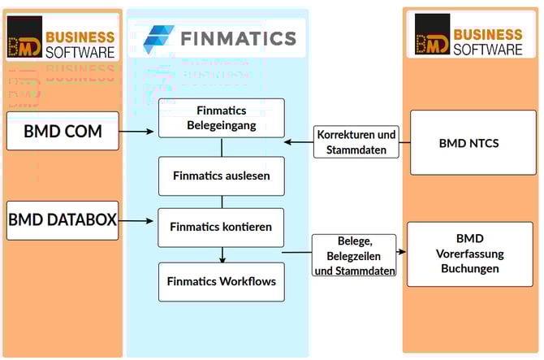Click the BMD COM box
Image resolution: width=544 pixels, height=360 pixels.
click(x=63, y=131)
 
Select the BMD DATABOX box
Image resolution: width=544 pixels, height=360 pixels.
click(x=63, y=220)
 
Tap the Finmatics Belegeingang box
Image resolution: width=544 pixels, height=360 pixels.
click(x=221, y=118)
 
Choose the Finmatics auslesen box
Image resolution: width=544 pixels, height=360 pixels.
click(x=221, y=176)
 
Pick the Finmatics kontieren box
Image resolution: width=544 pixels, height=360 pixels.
click(x=221, y=227)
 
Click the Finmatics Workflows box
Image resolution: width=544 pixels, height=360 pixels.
click(x=221, y=282)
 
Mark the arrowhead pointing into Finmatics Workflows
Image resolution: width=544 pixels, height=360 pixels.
click(x=222, y=259)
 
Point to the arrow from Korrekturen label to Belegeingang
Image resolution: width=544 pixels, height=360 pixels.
click(x=298, y=142)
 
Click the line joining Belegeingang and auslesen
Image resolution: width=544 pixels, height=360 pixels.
click(x=222, y=147)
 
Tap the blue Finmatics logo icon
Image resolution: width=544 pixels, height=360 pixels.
click(x=158, y=38)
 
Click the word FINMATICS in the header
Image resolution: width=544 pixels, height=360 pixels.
click(x=238, y=38)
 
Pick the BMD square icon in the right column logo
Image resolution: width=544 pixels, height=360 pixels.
click(x=432, y=35)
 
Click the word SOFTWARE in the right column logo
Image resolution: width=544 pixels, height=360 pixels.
click(x=487, y=49)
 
